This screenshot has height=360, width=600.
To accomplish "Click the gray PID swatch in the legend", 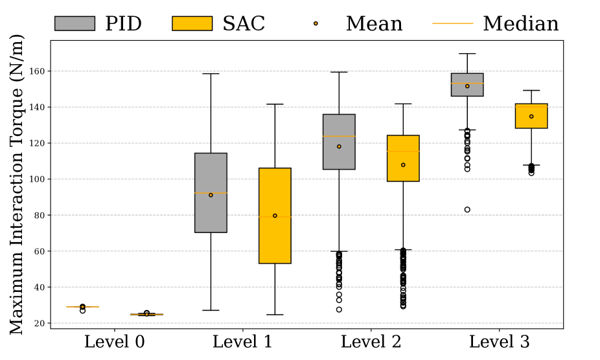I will click(x=75, y=23).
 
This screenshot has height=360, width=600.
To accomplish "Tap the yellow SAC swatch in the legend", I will click(x=192, y=23).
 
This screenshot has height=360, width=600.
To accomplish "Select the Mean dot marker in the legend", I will click(x=316, y=23).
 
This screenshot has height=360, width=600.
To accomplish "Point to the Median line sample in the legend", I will click(x=452, y=24).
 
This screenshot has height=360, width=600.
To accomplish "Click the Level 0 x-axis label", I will click(x=115, y=342).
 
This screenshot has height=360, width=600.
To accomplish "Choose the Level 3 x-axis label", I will click(x=499, y=342).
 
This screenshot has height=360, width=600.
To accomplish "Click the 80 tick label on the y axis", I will click(x=38, y=215).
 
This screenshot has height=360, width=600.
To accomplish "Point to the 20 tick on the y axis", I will click(x=38, y=323).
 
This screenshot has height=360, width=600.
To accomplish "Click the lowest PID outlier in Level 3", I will click(x=467, y=210).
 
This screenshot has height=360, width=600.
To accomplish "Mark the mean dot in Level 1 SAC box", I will click(x=275, y=216).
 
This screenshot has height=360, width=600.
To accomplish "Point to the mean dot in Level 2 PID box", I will click(x=339, y=146).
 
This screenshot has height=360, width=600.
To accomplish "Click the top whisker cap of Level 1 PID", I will click(x=211, y=74).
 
